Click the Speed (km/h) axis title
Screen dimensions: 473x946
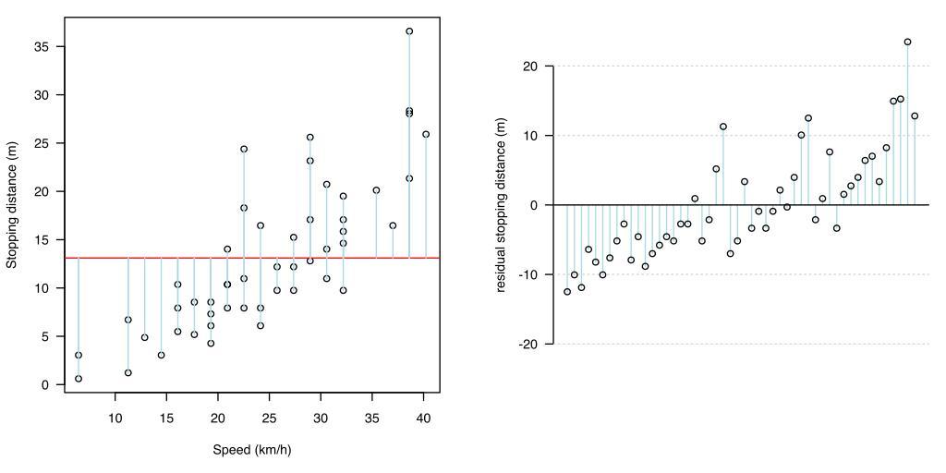[x=252, y=451]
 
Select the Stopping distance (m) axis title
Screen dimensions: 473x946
[x=12, y=205]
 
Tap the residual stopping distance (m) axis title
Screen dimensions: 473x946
[x=503, y=205]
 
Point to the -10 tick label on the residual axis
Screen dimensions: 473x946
[x=530, y=274]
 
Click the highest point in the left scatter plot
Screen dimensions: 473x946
[x=409, y=31]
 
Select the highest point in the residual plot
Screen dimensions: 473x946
[x=907, y=42]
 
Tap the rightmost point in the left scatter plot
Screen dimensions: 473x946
[x=426, y=134]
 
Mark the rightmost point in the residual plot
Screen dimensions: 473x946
[x=915, y=115]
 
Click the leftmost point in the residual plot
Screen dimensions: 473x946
[x=567, y=292]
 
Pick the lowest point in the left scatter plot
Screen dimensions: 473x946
[x=79, y=379]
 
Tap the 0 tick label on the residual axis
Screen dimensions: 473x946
[x=535, y=205]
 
